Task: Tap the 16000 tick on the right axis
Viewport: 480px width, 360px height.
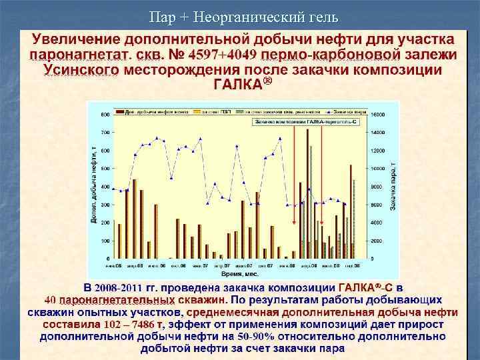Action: [379, 115]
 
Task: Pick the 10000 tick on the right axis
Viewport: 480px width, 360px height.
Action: [379, 169]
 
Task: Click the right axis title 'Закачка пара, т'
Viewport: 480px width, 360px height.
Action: [393, 187]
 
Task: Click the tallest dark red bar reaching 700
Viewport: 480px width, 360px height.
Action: [307, 193]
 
